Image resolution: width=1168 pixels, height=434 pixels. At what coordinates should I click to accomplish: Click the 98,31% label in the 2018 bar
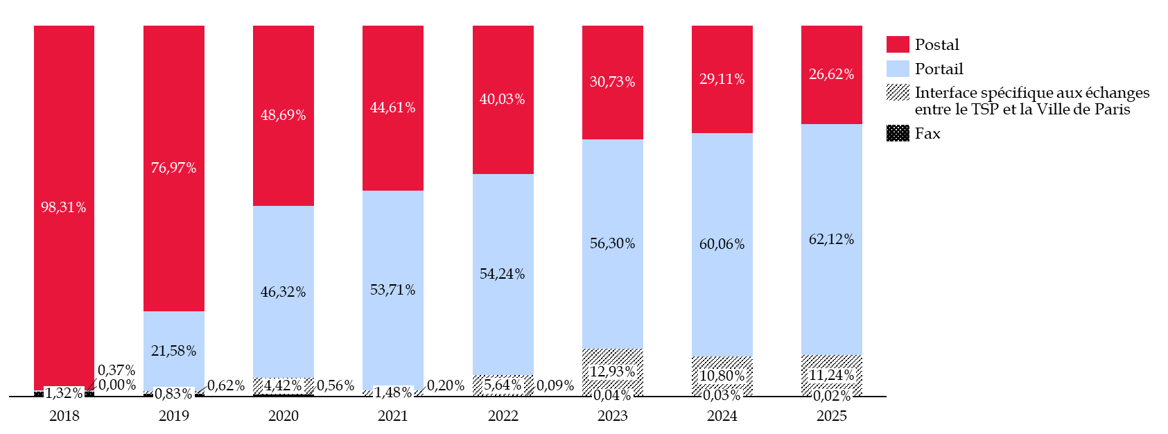64,207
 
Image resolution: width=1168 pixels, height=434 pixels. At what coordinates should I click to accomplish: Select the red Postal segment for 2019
173,168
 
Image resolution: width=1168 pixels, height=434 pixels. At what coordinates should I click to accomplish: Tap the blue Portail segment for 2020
283,292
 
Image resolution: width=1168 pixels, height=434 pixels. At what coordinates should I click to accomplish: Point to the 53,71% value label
392,290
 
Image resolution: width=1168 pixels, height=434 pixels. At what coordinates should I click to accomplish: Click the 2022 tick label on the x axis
503,416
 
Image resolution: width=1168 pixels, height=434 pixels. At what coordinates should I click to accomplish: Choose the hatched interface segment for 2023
613,372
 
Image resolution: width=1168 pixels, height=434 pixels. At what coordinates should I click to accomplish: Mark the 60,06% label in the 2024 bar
722,244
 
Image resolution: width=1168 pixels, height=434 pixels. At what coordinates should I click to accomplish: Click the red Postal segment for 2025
832,75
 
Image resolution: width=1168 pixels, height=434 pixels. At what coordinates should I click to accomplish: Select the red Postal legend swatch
898,44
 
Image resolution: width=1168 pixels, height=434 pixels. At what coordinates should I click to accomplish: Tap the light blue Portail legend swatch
898,69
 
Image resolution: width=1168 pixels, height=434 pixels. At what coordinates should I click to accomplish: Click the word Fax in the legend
927,134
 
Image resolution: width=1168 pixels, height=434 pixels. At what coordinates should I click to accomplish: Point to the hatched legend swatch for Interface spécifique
898,92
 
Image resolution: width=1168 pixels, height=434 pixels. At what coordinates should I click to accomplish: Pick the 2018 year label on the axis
64,416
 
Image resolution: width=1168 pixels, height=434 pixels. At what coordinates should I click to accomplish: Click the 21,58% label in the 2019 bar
173,351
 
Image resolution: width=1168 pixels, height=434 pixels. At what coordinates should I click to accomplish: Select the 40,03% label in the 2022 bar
502,99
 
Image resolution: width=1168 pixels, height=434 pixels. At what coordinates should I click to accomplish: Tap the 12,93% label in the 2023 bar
613,372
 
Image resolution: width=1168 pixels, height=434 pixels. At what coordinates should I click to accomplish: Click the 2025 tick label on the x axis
832,416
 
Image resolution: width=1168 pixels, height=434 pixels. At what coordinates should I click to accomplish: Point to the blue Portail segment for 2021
392,290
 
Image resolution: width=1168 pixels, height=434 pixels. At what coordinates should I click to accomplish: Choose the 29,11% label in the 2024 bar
722,79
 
